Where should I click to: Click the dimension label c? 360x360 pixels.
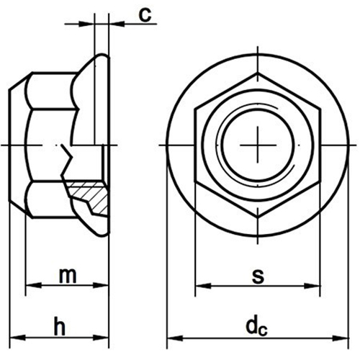pos(145,15)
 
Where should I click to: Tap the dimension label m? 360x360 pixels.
pos(68,276)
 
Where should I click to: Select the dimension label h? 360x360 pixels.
pos(60,326)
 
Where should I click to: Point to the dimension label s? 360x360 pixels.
pos(258,276)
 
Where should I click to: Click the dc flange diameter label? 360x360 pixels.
pos(256,327)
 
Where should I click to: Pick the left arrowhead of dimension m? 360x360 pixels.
pos(33,285)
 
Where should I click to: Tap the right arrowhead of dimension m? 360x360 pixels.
pos(101,285)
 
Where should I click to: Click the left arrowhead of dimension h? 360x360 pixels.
pos(17,338)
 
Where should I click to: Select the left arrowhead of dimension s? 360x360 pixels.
pos(204,286)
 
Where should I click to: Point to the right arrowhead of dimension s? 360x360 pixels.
pos(312,286)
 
